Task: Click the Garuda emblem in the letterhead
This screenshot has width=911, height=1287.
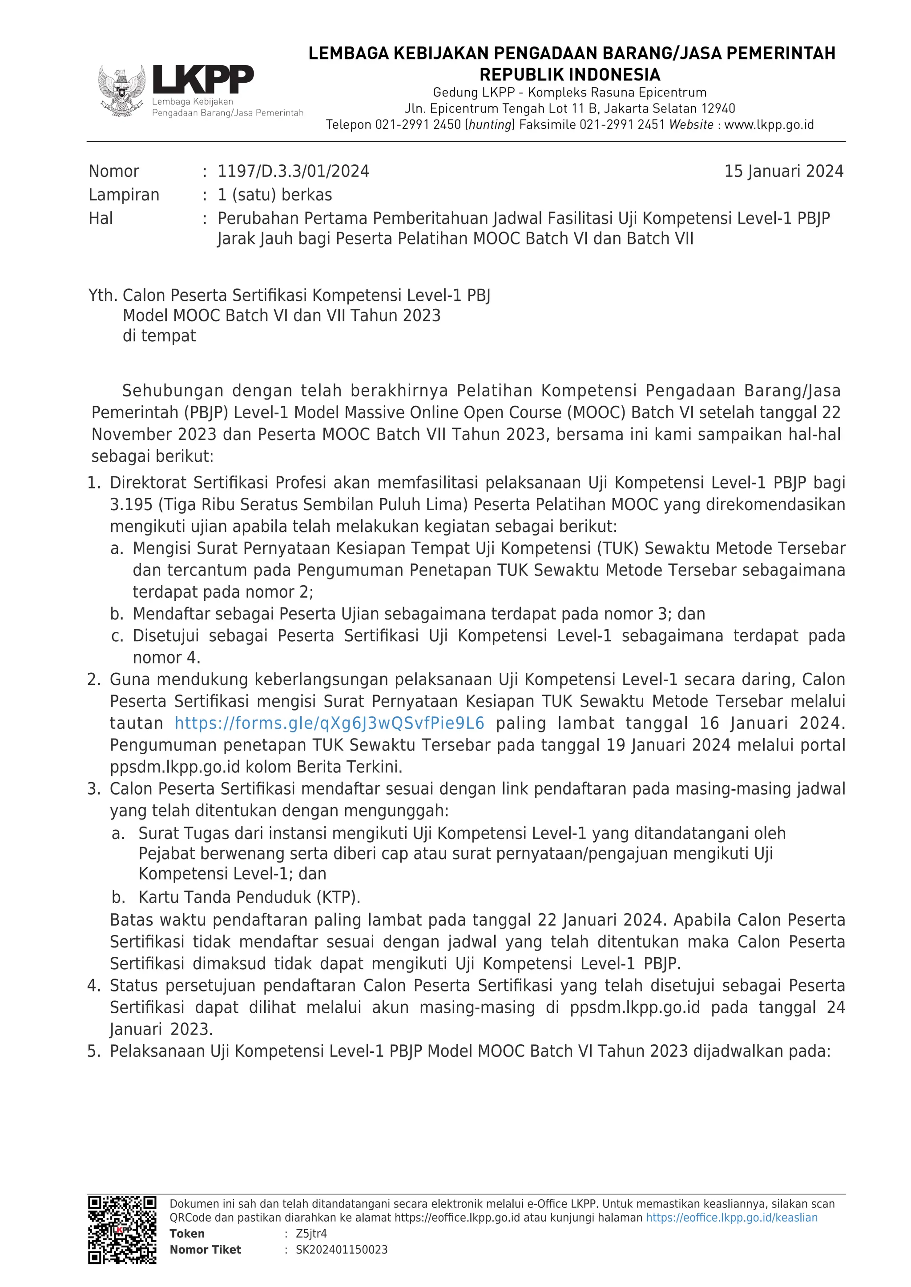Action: point(122,90)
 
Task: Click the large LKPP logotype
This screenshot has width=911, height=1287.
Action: point(203,79)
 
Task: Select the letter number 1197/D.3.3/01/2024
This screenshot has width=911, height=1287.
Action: point(294,171)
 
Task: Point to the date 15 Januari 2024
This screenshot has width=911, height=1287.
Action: point(784,171)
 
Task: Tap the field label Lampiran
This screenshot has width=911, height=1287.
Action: point(124,195)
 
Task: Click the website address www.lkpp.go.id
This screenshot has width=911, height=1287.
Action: point(769,124)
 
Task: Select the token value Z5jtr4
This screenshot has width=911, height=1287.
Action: point(311,1233)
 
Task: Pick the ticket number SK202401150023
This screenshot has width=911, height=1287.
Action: point(342,1249)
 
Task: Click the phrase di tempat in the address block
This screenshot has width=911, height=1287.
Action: point(159,336)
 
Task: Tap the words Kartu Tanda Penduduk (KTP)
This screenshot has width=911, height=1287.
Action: point(249,897)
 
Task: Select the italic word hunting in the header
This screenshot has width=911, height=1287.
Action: point(491,124)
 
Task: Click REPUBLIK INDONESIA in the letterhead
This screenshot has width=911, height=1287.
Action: point(570,75)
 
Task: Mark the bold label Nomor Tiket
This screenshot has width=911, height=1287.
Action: point(206,1249)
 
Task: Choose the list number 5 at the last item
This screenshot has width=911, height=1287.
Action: point(94,1051)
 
